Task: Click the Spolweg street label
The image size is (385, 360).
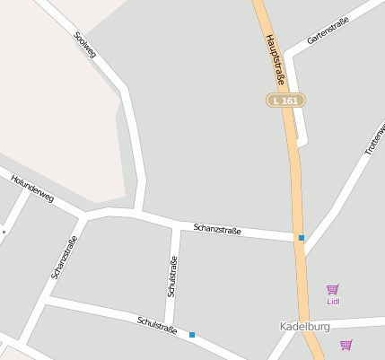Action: tap(84, 48)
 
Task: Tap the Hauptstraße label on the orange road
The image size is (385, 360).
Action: tap(274, 60)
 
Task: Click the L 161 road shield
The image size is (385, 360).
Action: tap(285, 101)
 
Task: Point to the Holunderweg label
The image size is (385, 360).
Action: tap(32, 189)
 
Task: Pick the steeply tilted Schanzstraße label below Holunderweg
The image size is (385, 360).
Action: tap(65, 257)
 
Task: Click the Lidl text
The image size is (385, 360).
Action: tap(333, 302)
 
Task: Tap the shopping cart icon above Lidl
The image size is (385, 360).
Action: tap(333, 289)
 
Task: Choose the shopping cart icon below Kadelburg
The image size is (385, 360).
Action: tap(346, 345)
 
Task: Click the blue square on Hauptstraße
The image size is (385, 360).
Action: tap(302, 238)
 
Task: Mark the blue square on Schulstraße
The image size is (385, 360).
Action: tap(192, 335)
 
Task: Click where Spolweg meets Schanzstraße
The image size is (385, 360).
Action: tap(137, 213)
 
